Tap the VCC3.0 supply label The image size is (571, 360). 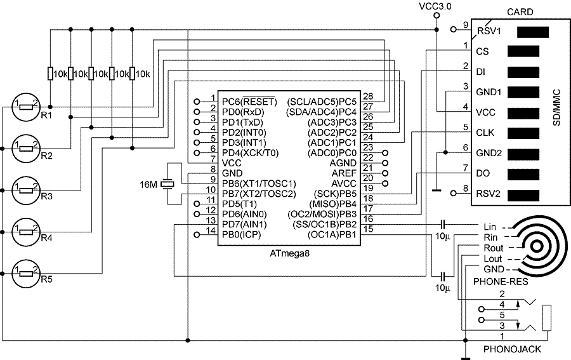click(x=435, y=6)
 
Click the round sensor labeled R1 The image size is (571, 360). click(x=26, y=107)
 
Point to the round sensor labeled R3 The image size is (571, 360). click(x=26, y=189)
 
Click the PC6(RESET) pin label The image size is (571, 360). click(x=249, y=102)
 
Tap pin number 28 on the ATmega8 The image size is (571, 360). click(x=368, y=97)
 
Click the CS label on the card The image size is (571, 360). click(x=482, y=51)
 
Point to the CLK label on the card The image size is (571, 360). click(x=484, y=133)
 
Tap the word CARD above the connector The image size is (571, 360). click(x=520, y=11)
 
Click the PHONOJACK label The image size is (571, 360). click(x=508, y=349)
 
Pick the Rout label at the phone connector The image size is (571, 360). click(x=493, y=248)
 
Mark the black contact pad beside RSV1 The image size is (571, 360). click(x=532, y=31)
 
